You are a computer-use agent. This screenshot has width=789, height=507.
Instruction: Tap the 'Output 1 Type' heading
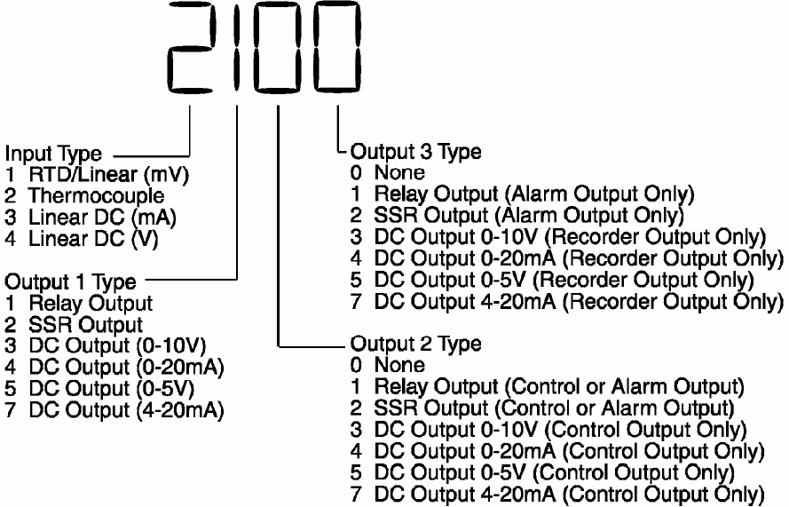(71, 281)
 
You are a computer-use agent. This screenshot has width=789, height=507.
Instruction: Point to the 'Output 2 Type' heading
(416, 344)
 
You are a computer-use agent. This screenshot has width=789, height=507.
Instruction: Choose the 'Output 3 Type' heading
(416, 151)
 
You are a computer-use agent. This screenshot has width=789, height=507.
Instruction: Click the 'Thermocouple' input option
(96, 194)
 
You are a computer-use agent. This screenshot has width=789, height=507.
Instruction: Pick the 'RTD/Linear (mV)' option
(107, 173)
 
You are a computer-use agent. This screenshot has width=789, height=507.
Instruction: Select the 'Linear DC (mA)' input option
(102, 216)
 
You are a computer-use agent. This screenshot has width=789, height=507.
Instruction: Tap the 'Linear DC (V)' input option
(98, 237)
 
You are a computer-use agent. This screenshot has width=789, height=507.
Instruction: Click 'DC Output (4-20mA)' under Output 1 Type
(125, 410)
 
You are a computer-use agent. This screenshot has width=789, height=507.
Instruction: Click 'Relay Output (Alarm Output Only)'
(533, 194)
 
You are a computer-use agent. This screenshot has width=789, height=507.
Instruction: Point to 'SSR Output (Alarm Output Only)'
(529, 215)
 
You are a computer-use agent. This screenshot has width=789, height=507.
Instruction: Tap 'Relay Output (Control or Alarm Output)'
(557, 386)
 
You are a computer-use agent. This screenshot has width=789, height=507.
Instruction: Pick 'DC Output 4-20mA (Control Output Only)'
(568, 494)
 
